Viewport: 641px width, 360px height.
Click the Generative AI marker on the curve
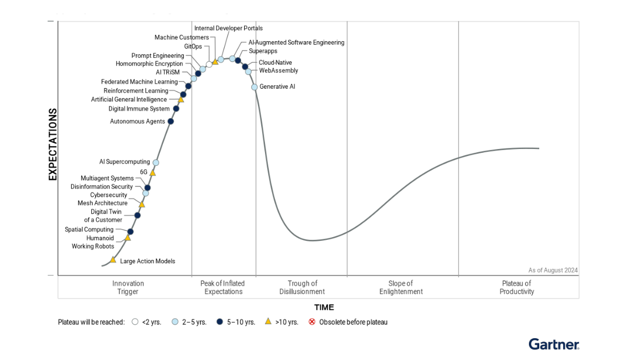click(254, 87)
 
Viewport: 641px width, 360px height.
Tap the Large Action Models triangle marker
click(113, 260)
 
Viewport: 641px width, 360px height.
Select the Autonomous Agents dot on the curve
click(170, 121)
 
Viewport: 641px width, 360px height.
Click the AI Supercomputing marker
click(156, 163)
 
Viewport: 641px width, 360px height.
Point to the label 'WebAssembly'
click(278, 71)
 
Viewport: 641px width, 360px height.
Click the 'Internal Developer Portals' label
click(229, 28)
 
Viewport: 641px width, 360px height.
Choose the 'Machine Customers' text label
click(181, 38)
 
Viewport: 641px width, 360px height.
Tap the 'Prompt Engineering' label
click(157, 55)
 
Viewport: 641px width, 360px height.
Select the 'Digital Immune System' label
click(139, 109)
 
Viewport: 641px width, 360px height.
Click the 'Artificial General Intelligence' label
click(128, 100)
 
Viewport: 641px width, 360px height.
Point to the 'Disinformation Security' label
click(101, 187)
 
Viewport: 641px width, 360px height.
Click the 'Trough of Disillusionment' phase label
click(302, 287)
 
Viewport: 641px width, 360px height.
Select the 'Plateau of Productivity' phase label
click(516, 287)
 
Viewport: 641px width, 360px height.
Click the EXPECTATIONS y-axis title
click(53, 144)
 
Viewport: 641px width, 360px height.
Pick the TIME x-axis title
click(324, 307)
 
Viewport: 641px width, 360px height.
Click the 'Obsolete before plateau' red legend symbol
click(312, 322)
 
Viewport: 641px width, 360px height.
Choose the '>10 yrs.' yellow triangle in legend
click(268, 321)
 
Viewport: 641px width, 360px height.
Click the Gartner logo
click(553, 344)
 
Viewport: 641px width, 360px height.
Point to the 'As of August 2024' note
click(553, 270)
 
